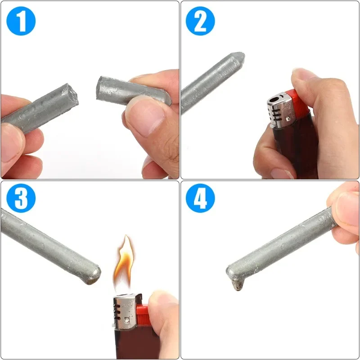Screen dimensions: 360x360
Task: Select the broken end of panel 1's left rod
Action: [x=72, y=95]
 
